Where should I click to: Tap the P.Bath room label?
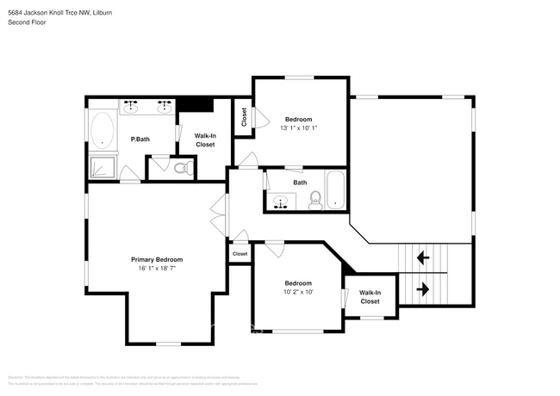(x=141, y=139)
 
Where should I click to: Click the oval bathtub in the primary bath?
(x=103, y=131)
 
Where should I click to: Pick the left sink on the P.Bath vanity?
(x=132, y=106)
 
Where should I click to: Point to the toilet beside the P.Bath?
(x=181, y=168)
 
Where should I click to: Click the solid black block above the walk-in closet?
(x=195, y=104)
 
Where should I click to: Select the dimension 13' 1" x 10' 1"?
(x=299, y=128)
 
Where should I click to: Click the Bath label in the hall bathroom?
(x=300, y=183)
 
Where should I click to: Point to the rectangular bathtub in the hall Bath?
(x=334, y=189)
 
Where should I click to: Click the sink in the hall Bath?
(x=280, y=203)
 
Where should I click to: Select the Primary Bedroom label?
(x=157, y=259)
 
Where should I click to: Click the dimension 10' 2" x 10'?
(x=298, y=292)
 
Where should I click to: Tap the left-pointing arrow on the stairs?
(x=423, y=257)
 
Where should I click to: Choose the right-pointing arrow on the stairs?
(x=423, y=288)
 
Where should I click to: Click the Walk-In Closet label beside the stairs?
(x=370, y=297)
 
